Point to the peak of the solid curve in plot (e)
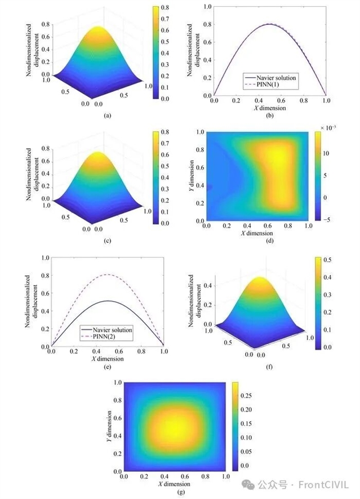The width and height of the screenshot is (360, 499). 108,301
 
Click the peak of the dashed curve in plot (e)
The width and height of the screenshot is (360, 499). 108,275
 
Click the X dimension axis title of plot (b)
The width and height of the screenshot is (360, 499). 269,107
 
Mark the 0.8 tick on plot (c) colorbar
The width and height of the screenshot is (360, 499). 168,134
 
